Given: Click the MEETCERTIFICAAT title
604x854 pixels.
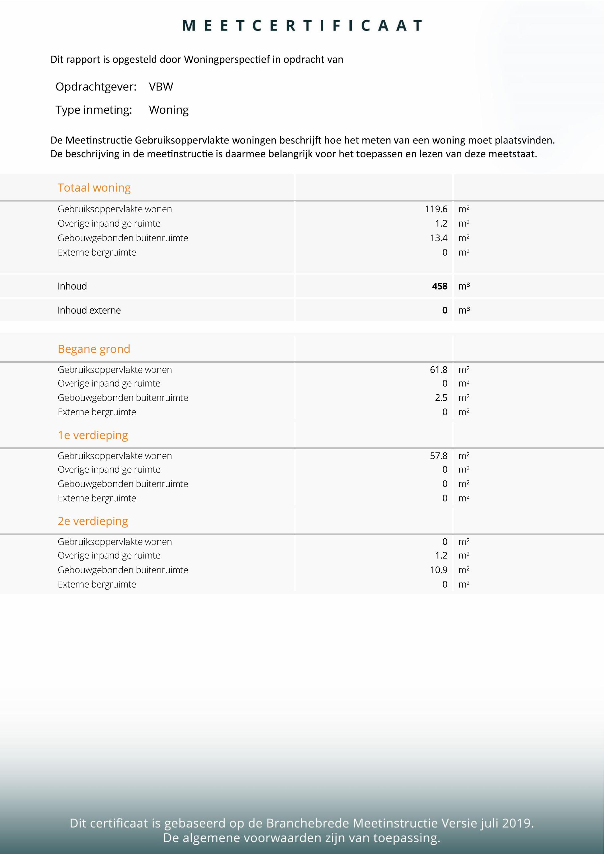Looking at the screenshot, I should coord(302,26).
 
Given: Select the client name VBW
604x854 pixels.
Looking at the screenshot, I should coord(161,87).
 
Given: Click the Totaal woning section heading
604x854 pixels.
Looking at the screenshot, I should coord(94,188).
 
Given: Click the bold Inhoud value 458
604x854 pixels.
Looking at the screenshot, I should coord(439,286).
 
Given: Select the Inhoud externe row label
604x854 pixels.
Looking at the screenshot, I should coord(89,310).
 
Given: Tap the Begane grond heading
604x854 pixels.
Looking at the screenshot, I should coord(94,349).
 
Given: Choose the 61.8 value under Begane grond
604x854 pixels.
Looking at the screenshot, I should coord(438,370).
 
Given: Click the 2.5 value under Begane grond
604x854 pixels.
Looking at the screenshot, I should coord(441,398).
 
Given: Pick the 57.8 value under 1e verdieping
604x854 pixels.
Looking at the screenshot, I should coord(438,456).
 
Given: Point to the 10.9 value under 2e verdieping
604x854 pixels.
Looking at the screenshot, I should coord(438,570).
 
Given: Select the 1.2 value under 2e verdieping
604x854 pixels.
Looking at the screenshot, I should coord(441,555).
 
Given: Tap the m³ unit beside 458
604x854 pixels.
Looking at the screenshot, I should coord(464,286).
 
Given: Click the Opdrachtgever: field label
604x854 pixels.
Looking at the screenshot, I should coord(96,87).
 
